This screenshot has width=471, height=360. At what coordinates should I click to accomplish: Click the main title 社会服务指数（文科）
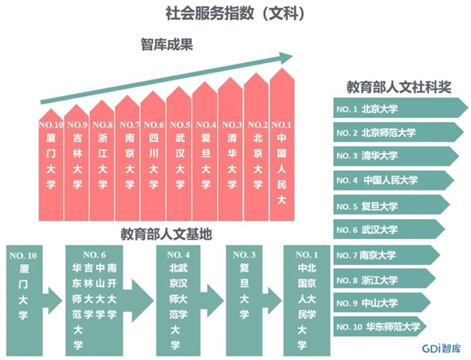click(236, 14)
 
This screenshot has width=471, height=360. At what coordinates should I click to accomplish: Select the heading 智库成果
click(167, 45)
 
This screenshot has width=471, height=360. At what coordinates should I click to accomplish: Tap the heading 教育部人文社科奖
click(399, 87)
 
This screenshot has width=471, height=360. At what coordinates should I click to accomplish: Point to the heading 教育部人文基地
click(167, 234)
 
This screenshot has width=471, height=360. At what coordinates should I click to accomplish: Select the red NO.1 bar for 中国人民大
click(281, 145)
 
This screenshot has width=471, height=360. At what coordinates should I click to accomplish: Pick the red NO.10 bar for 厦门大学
click(51, 165)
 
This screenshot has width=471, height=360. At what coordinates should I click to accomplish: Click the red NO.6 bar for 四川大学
click(153, 156)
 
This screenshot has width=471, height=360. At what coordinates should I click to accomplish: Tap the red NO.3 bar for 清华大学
click(230, 149)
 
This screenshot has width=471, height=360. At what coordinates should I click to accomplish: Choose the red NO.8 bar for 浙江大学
click(102, 160)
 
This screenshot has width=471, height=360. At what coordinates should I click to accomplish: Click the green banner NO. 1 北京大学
click(400, 108)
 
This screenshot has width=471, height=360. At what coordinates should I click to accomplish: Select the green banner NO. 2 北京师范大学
click(399, 132)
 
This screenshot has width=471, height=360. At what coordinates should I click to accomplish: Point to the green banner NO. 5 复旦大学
click(392, 205)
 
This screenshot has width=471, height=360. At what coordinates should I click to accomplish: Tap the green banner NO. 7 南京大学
click(387, 255)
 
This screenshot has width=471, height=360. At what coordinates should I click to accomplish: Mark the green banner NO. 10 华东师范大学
click(380, 327)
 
